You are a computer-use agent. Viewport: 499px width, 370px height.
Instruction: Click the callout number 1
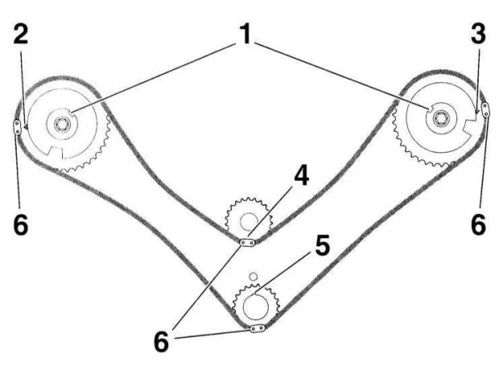tap(245, 34)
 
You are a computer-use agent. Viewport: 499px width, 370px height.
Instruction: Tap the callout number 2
tap(21, 34)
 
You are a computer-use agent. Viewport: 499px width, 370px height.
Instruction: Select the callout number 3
tap(478, 34)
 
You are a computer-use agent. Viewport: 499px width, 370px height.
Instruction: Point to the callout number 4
tap(301, 176)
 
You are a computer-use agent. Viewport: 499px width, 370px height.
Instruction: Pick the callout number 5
tap(323, 246)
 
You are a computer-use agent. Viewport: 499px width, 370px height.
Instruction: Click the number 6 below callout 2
tap(21, 225)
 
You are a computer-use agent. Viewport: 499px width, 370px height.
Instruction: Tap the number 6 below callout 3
tap(479, 225)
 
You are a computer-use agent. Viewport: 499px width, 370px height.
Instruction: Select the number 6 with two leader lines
tap(161, 342)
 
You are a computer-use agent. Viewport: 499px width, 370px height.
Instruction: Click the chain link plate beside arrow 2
tap(17, 127)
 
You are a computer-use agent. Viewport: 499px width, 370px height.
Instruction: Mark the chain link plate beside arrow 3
tap(485, 109)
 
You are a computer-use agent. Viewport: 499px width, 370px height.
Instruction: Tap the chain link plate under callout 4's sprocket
tap(247, 243)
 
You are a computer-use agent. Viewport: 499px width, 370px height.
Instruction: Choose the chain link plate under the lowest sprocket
tap(258, 328)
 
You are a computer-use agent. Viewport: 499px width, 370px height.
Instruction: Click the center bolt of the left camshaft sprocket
tap(62, 124)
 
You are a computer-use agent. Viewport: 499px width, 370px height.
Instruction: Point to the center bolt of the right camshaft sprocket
tap(441, 117)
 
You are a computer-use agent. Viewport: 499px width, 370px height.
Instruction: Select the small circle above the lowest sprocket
tap(253, 276)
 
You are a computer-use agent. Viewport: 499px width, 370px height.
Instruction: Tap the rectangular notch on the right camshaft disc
tap(468, 126)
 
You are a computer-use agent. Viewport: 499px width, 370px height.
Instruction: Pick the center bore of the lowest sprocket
tap(256, 306)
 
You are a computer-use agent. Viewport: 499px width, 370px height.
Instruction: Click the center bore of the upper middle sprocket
tap(249, 221)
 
